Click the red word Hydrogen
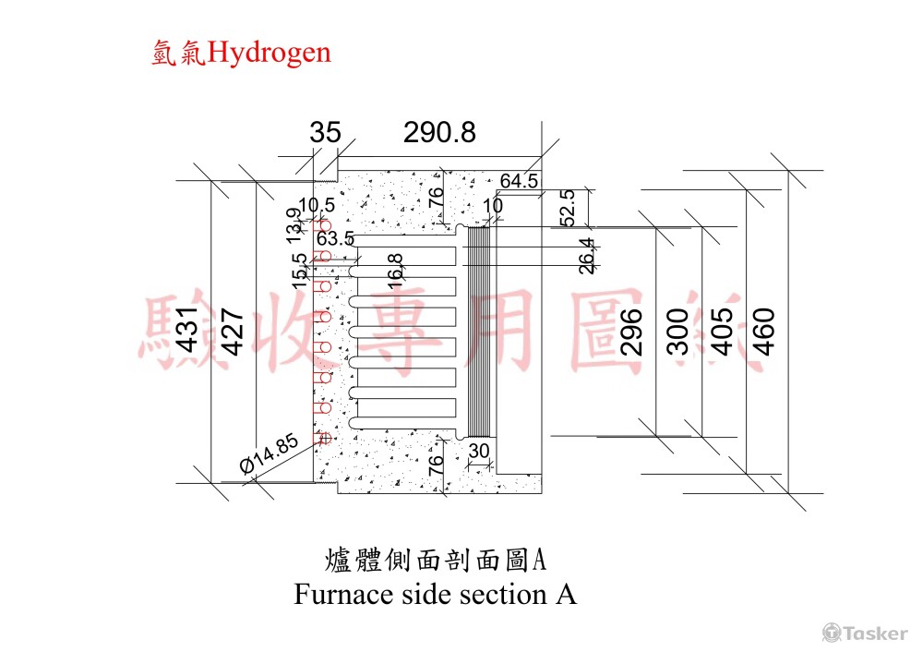[269, 54]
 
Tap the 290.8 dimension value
[439, 132]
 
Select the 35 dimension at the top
[325, 132]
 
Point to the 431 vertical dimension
[187, 330]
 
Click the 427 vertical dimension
[233, 332]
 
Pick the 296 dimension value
[631, 332]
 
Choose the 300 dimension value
[677, 332]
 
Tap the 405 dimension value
[722, 332]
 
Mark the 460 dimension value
[764, 332]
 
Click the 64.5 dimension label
[519, 181]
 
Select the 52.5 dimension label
[568, 208]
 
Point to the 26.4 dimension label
[586, 256]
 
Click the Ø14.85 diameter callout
[270, 453]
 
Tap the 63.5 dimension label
[335, 238]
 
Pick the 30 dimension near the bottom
[479, 451]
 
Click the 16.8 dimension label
[395, 271]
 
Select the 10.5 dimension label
[317, 205]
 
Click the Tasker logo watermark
[865, 634]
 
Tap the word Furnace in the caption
[344, 594]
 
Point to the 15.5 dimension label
[300, 271]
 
